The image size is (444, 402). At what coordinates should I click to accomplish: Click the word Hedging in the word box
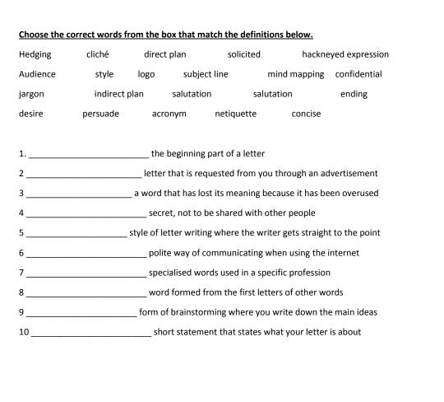(x=35, y=54)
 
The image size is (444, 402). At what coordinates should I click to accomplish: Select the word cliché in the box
(x=98, y=54)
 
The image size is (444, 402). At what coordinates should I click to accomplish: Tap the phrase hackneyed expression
(x=345, y=54)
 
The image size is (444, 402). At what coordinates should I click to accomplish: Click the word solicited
(x=244, y=54)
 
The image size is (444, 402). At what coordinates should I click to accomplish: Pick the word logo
(x=146, y=74)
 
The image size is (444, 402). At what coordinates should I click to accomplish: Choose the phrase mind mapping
(x=295, y=74)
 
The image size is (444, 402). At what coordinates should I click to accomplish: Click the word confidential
(x=358, y=74)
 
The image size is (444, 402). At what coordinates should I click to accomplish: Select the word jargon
(x=31, y=94)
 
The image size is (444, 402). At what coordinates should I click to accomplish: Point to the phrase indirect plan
(x=118, y=94)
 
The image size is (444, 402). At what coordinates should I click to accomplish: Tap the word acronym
(x=169, y=114)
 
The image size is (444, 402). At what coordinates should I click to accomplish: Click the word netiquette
(x=236, y=114)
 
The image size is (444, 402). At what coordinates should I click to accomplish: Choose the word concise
(x=306, y=114)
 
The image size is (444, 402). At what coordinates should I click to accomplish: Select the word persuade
(x=100, y=114)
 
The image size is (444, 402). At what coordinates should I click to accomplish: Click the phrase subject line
(x=206, y=74)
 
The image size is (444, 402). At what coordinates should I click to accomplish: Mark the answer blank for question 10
(x=90, y=334)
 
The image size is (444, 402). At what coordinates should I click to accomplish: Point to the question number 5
(x=21, y=233)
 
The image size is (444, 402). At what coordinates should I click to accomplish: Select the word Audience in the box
(x=37, y=74)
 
